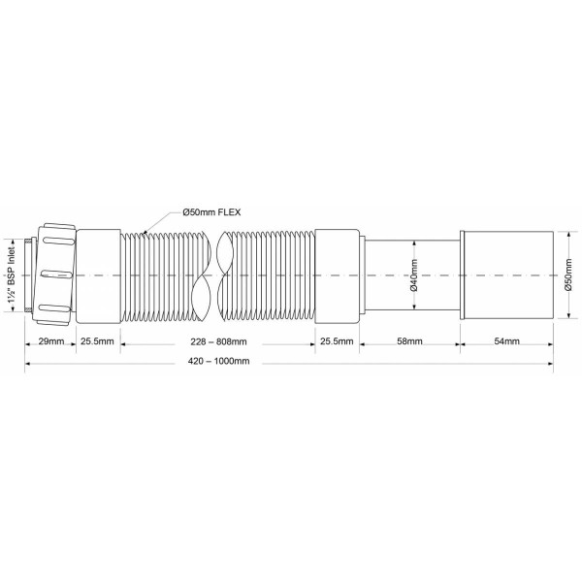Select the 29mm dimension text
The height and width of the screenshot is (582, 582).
[50, 341]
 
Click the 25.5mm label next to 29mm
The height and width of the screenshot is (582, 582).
[97, 341]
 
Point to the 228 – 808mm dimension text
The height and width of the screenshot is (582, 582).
[215, 341]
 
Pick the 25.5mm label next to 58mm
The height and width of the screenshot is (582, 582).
[335, 341]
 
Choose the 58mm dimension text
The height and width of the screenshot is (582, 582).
[408, 341]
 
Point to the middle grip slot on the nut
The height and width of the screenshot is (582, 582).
[57, 275]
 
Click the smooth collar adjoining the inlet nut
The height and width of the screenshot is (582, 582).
[98, 275]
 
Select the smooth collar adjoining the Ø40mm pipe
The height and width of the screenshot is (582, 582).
[336, 275]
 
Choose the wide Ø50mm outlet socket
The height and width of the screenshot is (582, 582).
[506, 275]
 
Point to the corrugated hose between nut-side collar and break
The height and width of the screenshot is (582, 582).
[160, 275]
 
